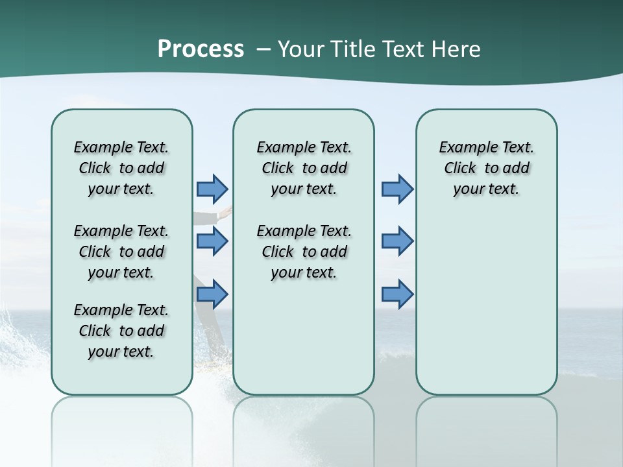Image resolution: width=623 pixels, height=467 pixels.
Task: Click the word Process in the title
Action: pyautogui.click(x=201, y=49)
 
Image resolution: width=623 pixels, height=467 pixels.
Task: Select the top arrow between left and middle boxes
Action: pyautogui.click(x=212, y=189)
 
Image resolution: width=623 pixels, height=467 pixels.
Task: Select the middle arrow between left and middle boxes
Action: pyautogui.click(x=212, y=241)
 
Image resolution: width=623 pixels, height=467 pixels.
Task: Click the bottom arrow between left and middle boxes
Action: pyautogui.click(x=212, y=294)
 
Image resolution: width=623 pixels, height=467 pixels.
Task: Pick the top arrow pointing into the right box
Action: pyautogui.click(x=397, y=189)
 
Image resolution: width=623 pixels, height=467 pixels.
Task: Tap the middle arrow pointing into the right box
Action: pyautogui.click(x=397, y=241)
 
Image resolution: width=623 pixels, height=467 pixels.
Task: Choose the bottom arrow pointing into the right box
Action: pyautogui.click(x=397, y=294)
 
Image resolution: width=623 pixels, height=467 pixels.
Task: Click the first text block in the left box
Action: pyautogui.click(x=121, y=168)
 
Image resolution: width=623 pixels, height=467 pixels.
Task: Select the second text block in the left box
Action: pyautogui.click(x=121, y=252)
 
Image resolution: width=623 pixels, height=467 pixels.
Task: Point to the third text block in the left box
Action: pyautogui.click(x=121, y=331)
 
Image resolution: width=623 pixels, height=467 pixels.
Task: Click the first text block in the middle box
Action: pyautogui.click(x=304, y=168)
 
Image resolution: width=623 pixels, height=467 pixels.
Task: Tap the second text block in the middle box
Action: pyautogui.click(x=304, y=252)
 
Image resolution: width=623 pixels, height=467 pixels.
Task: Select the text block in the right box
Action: pyautogui.click(x=486, y=168)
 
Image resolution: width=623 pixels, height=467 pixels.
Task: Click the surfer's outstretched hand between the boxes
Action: pyautogui.click(x=226, y=211)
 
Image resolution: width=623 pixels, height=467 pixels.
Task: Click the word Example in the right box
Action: pyautogui.click(x=466, y=147)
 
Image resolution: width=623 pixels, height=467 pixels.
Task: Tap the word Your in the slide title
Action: pyautogui.click(x=299, y=49)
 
